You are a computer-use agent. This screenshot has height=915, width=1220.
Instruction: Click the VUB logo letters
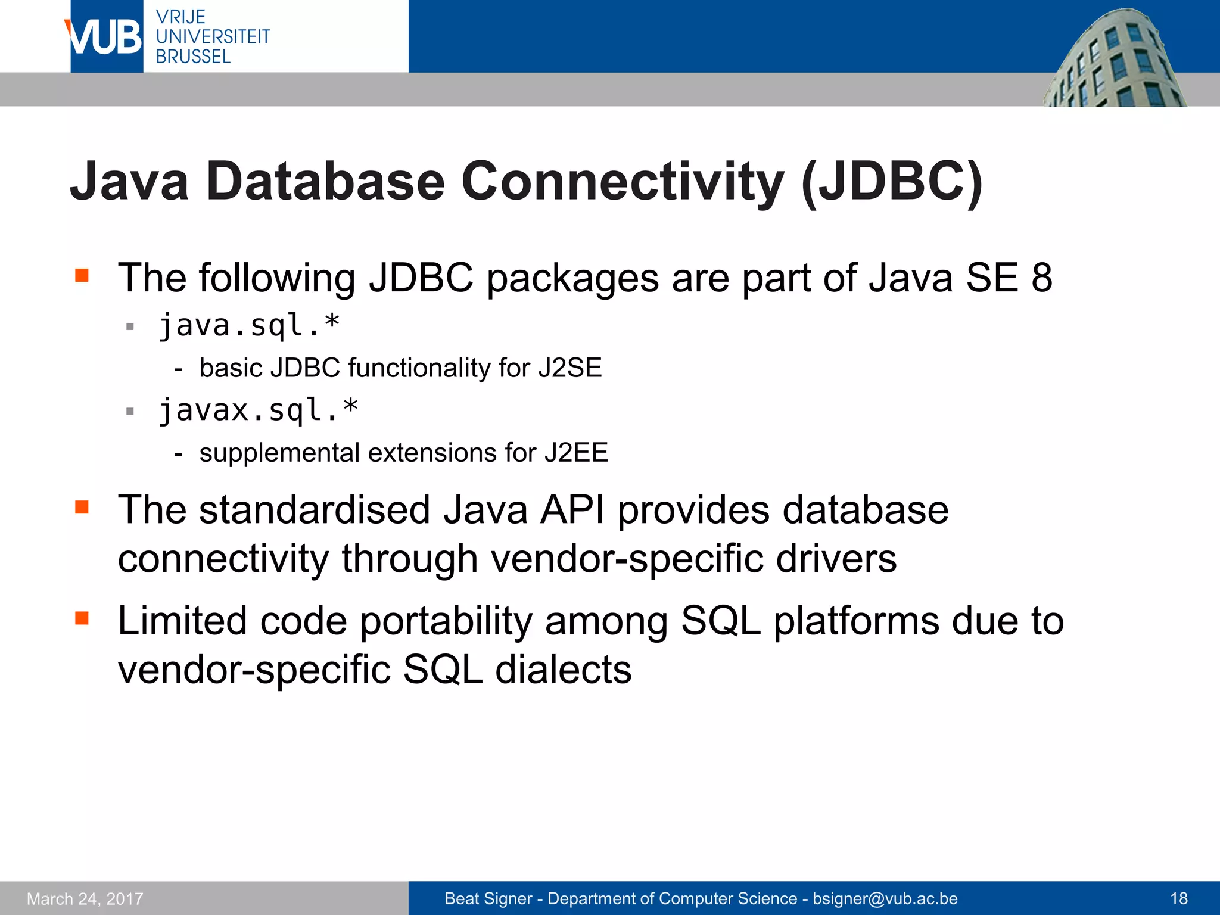[x=106, y=37]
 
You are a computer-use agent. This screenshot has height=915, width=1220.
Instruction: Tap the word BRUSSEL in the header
[x=193, y=57]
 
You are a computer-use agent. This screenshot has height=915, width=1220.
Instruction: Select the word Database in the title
[x=325, y=181]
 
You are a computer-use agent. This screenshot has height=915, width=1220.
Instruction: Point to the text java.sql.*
[x=249, y=325]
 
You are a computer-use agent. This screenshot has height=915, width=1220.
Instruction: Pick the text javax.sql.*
[x=258, y=410]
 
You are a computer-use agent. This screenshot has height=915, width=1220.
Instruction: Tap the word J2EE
[x=575, y=453]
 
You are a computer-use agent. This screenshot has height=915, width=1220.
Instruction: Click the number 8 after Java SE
[x=1041, y=278]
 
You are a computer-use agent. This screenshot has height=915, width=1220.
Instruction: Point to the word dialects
[x=563, y=670]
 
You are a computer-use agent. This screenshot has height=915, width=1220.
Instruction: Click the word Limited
[x=182, y=621]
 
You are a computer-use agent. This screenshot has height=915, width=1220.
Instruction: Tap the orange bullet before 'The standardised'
[x=82, y=507]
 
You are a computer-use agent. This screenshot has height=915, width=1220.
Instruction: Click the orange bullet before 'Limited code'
[x=82, y=618]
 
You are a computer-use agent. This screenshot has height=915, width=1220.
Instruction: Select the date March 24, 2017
[x=85, y=898]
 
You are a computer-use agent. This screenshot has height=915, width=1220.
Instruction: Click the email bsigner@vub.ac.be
[x=885, y=898]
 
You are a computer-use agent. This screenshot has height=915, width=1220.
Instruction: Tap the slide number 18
[x=1179, y=898]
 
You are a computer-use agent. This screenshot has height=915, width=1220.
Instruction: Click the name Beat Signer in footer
[x=488, y=898]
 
